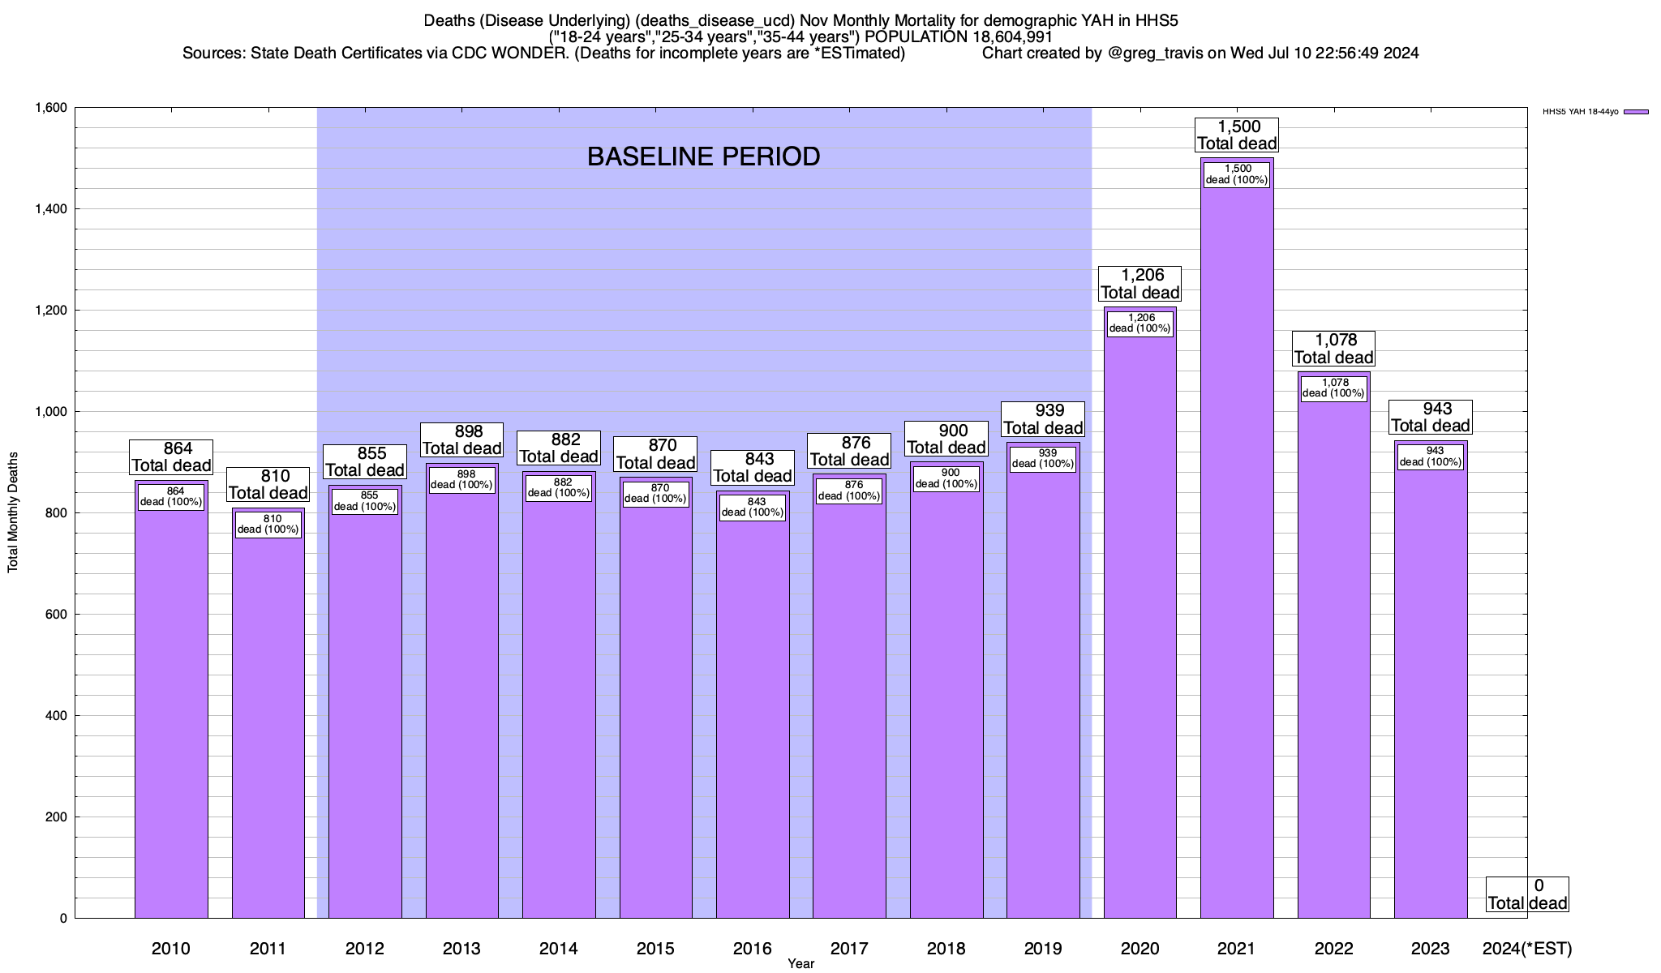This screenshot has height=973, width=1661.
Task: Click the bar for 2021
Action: pos(1237,568)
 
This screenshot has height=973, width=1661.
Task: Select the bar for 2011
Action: pos(268,730)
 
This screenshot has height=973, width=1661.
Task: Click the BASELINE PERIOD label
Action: pos(703,156)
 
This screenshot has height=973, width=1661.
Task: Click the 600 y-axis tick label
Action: pos(54,615)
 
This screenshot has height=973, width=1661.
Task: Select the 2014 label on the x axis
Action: pos(559,949)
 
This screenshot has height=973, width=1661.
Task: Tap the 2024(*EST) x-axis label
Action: pos(1526,949)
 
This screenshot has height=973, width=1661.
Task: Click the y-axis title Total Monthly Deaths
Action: pos(13,512)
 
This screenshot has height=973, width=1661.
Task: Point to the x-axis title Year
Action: pos(800,964)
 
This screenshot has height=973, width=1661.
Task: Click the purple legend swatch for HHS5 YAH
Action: pos(1636,112)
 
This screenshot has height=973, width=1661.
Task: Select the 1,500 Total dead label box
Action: pos(1237,135)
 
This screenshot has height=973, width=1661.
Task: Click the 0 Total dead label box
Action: pos(1527,894)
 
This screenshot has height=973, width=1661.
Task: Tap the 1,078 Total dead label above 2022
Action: pos(1333,349)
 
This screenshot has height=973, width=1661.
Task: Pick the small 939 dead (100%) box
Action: pos(1043,459)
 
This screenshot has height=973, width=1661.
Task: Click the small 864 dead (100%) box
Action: pos(171,496)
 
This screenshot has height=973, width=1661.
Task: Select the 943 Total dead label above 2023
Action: pos(1431,418)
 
